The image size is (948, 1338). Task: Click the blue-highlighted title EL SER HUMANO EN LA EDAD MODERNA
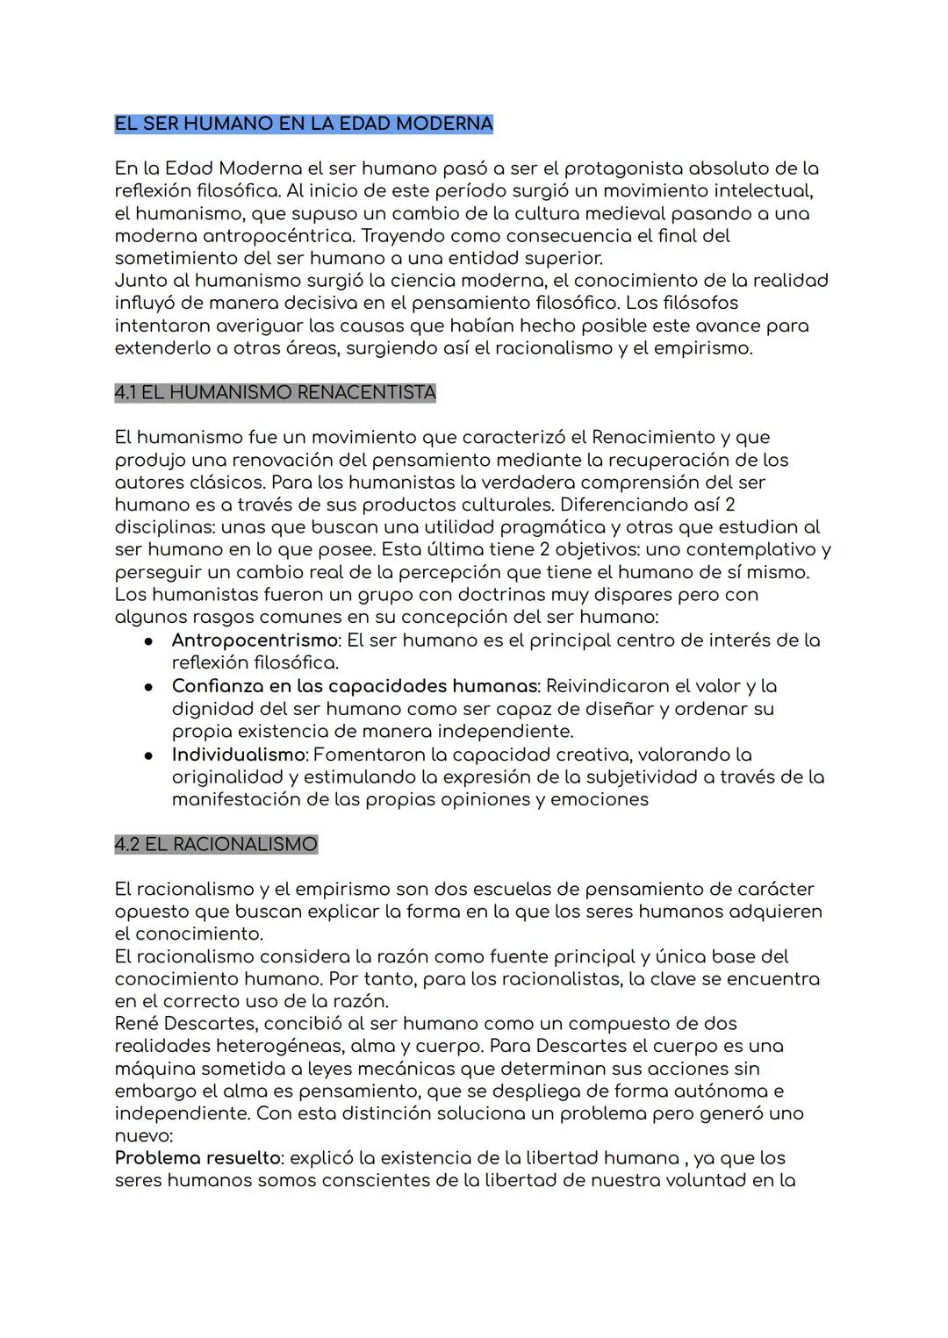click(x=304, y=124)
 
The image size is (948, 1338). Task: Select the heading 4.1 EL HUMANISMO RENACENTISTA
click(x=275, y=392)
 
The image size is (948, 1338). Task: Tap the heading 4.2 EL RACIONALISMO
click(x=216, y=844)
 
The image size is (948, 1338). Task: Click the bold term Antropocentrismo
click(x=255, y=640)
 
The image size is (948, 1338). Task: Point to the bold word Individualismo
click(x=239, y=755)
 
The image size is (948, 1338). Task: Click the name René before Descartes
click(x=136, y=1024)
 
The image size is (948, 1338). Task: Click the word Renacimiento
click(x=654, y=437)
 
